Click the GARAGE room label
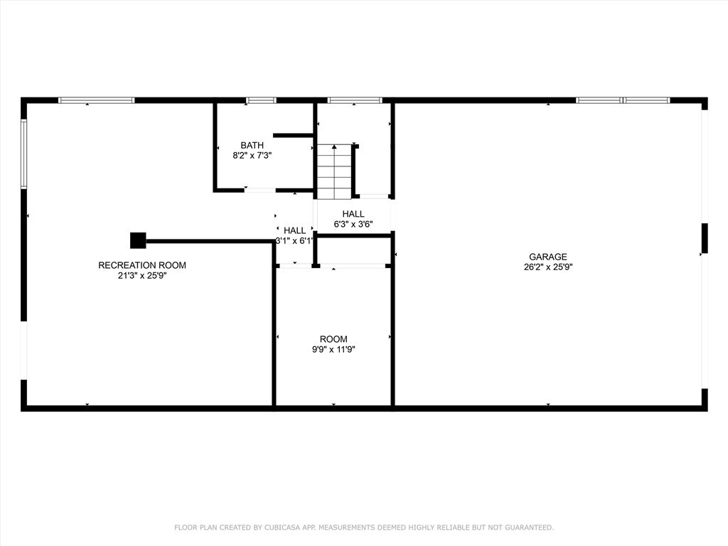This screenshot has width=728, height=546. [x=547, y=257]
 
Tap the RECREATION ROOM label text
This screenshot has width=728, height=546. [x=142, y=265]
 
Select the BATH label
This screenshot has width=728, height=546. [x=252, y=145]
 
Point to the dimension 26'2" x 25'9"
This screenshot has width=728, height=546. [x=547, y=268]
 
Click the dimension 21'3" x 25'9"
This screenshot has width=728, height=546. [x=142, y=276]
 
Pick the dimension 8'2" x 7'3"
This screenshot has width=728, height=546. [x=252, y=155]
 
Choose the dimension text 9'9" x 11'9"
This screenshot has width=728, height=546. [x=333, y=349]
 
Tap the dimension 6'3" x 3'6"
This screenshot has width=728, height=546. [x=353, y=224]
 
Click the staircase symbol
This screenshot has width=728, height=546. [x=334, y=172]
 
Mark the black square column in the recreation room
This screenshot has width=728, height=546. [x=138, y=240]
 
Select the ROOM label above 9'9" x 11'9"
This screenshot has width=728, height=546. [x=333, y=339]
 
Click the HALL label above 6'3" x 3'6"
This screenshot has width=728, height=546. [x=353, y=214]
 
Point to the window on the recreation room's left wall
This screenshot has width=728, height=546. [x=23, y=154]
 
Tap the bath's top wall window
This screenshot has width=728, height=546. [x=261, y=100]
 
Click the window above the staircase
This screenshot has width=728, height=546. [x=355, y=100]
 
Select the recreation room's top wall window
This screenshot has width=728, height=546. [x=96, y=100]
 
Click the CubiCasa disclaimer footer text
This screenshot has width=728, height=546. [x=364, y=528]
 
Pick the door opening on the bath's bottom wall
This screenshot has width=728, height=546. [x=260, y=190]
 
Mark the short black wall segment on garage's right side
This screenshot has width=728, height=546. [x=705, y=238]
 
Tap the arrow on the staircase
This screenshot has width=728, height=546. [x=334, y=147]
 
